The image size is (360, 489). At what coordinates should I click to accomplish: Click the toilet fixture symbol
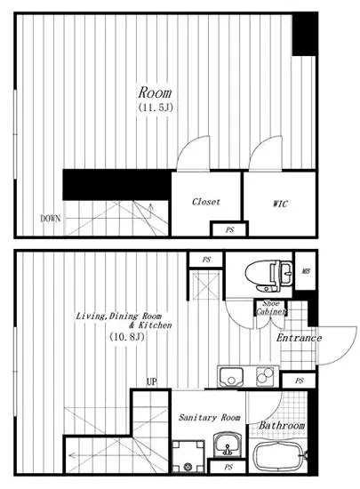point(269,276)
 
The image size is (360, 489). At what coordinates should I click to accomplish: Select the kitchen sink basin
point(231,377)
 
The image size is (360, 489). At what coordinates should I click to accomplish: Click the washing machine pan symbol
point(188,456)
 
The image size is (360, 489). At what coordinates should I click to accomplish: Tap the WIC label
point(280,204)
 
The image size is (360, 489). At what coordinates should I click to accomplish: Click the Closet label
point(206,202)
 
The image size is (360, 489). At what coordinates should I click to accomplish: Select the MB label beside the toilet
point(306,271)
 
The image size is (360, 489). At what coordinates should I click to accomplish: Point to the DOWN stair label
point(50,219)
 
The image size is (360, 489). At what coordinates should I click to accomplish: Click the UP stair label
point(151,381)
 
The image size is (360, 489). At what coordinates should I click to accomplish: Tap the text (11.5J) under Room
point(156,108)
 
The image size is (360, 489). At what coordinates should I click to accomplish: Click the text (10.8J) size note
point(126,337)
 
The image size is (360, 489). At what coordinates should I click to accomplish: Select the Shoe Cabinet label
point(270,308)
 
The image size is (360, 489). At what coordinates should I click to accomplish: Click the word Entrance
point(299,338)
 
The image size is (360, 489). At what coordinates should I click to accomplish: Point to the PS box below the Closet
point(229,230)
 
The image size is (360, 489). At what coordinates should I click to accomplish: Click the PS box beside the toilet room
point(206,260)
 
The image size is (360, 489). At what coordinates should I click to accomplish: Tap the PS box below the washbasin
point(228,467)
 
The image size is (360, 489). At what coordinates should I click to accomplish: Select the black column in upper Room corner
point(305,35)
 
